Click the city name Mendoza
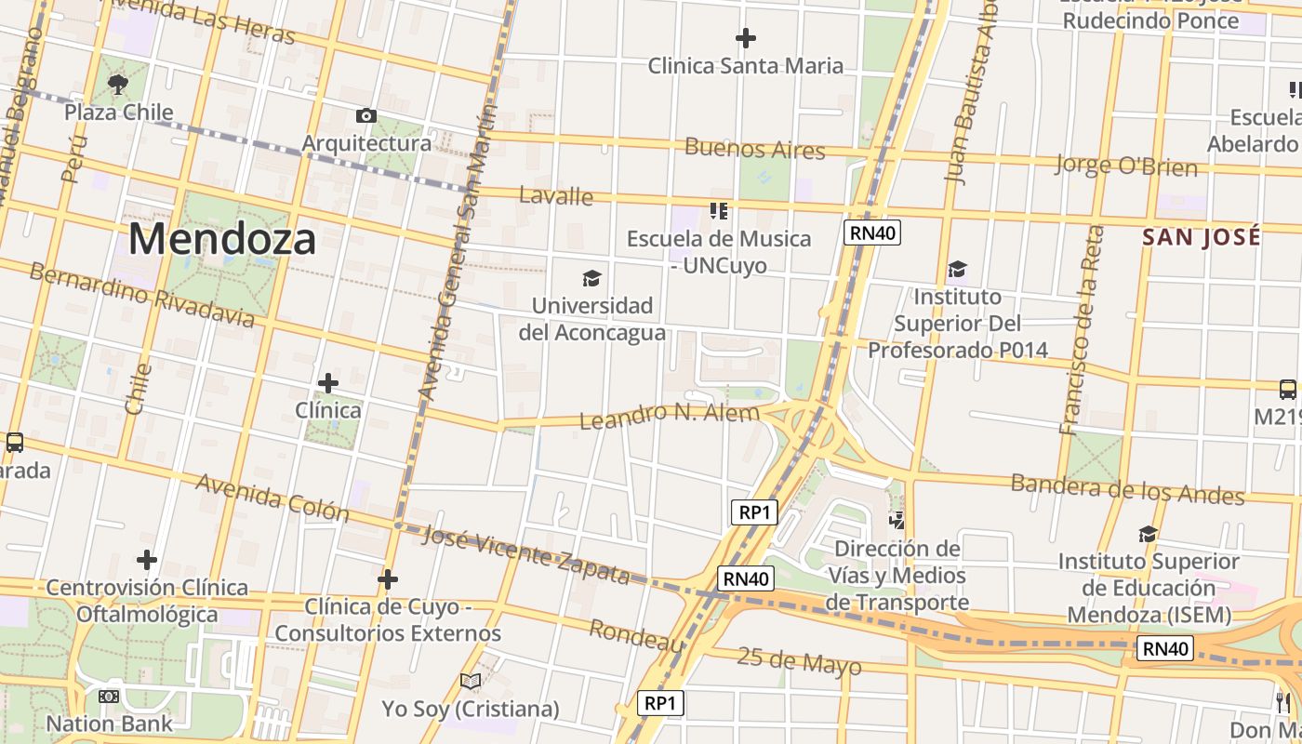tap(221, 239)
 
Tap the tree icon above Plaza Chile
tap(118, 86)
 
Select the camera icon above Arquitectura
tap(366, 116)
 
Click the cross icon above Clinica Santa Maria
tap(745, 38)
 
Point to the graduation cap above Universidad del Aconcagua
tap(591, 278)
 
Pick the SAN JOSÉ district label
tap(1202, 237)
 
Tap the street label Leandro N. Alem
tap(669, 415)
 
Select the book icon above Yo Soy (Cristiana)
tap(471, 682)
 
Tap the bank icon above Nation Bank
tap(109, 696)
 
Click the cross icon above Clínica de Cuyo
tap(388, 580)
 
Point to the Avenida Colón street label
tap(272, 498)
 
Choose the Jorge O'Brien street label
tap(1125, 166)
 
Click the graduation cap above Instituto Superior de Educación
tap(1149, 534)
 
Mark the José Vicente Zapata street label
tap(525, 554)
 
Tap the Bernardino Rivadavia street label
tap(141, 296)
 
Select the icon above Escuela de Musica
tap(718, 211)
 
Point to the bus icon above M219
tap(1288, 389)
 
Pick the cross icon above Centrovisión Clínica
tap(147, 560)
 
